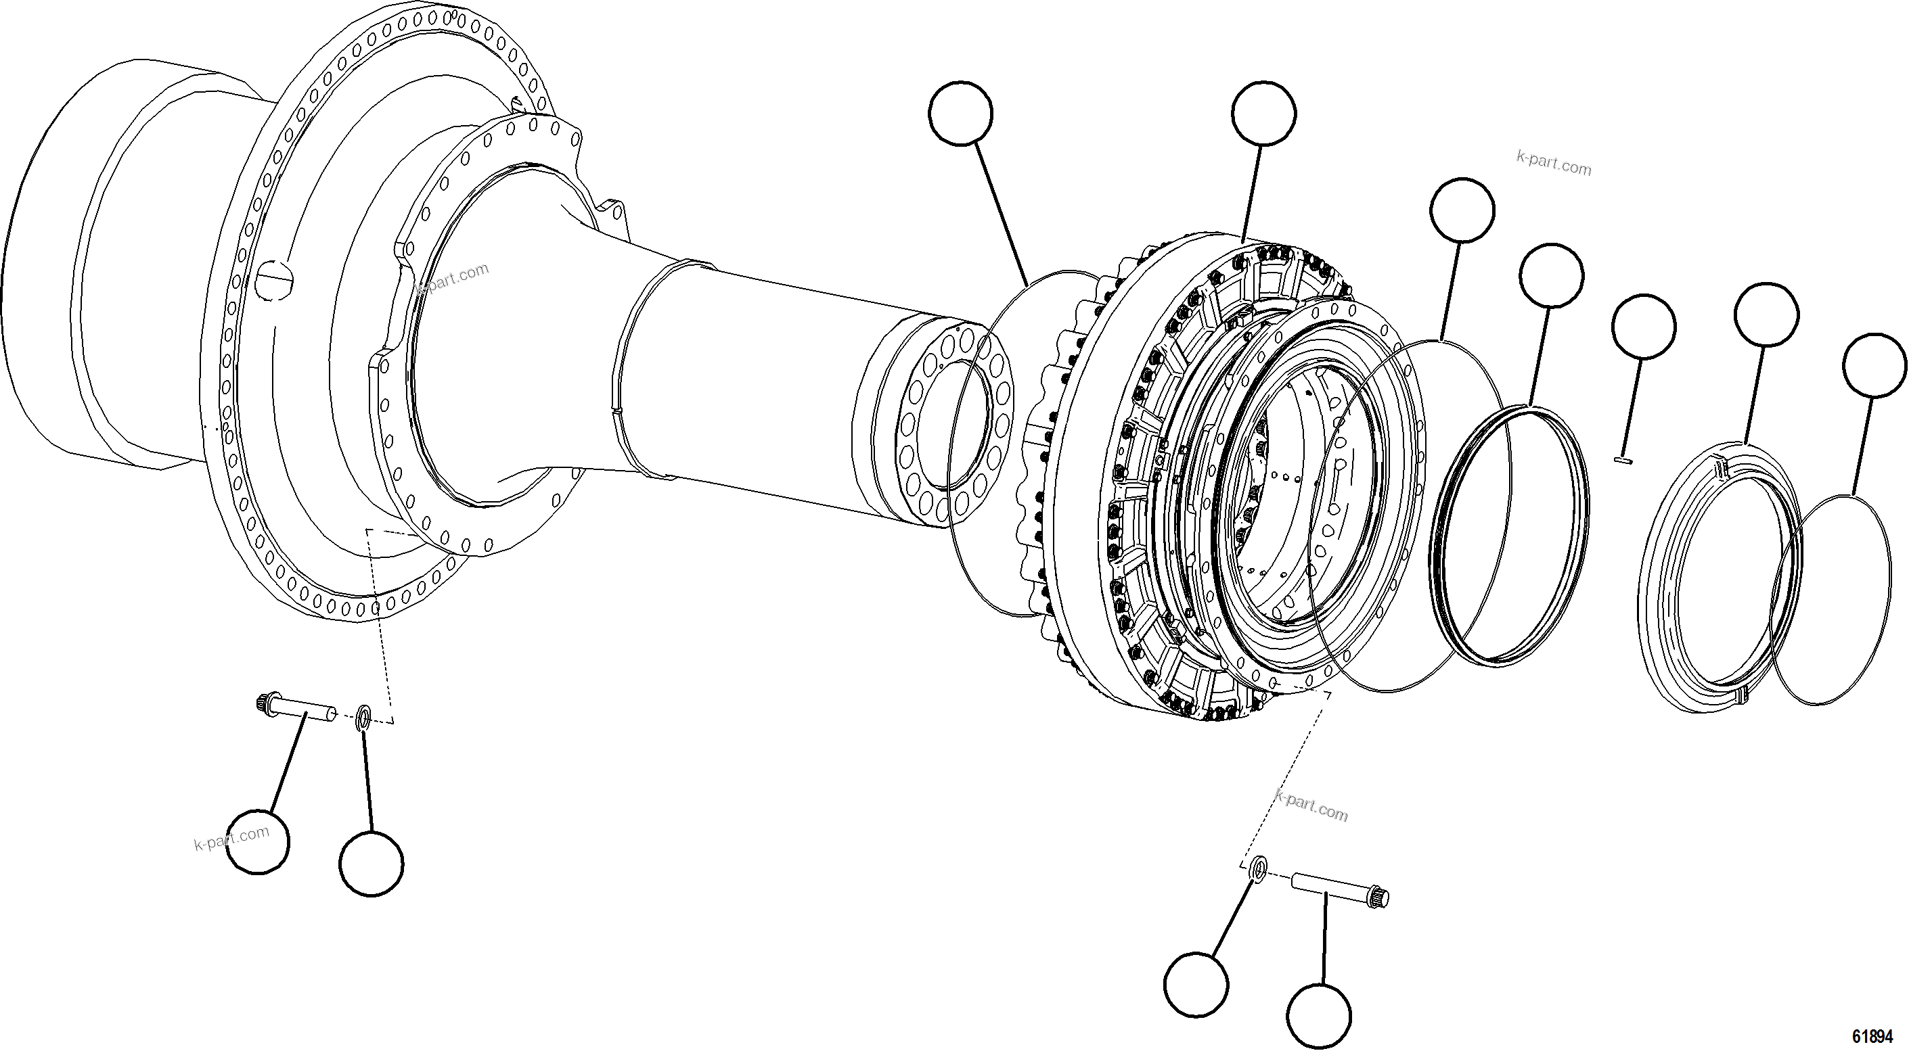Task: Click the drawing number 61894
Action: click(x=1872, y=1035)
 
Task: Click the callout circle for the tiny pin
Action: click(x=1644, y=327)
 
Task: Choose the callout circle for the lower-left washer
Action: click(x=372, y=863)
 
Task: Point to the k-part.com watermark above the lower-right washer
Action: click(x=1311, y=806)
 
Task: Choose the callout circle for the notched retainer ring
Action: click(x=1767, y=314)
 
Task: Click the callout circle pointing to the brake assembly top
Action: click(x=1264, y=114)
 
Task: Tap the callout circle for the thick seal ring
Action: click(x=1551, y=275)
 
